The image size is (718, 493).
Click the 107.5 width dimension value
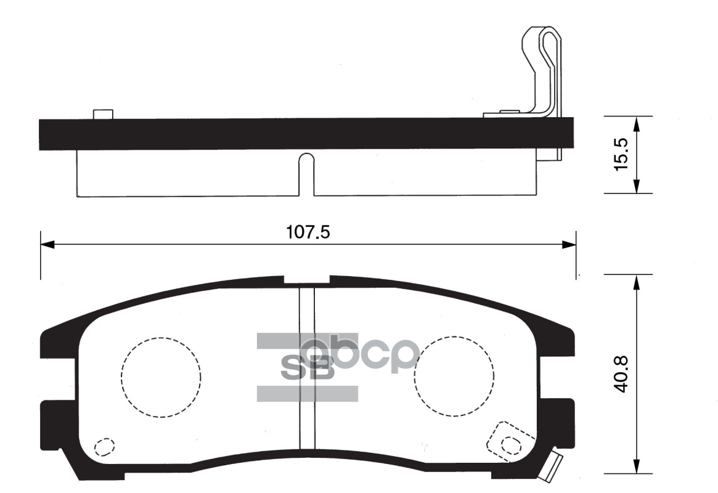[x=308, y=232]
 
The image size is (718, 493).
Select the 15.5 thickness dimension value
[x=621, y=155]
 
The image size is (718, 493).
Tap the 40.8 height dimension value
[x=621, y=374]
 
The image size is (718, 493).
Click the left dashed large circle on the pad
[x=122, y=377]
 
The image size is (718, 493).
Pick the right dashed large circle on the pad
[x=415, y=377]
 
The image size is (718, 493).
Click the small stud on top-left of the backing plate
[x=102, y=114]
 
